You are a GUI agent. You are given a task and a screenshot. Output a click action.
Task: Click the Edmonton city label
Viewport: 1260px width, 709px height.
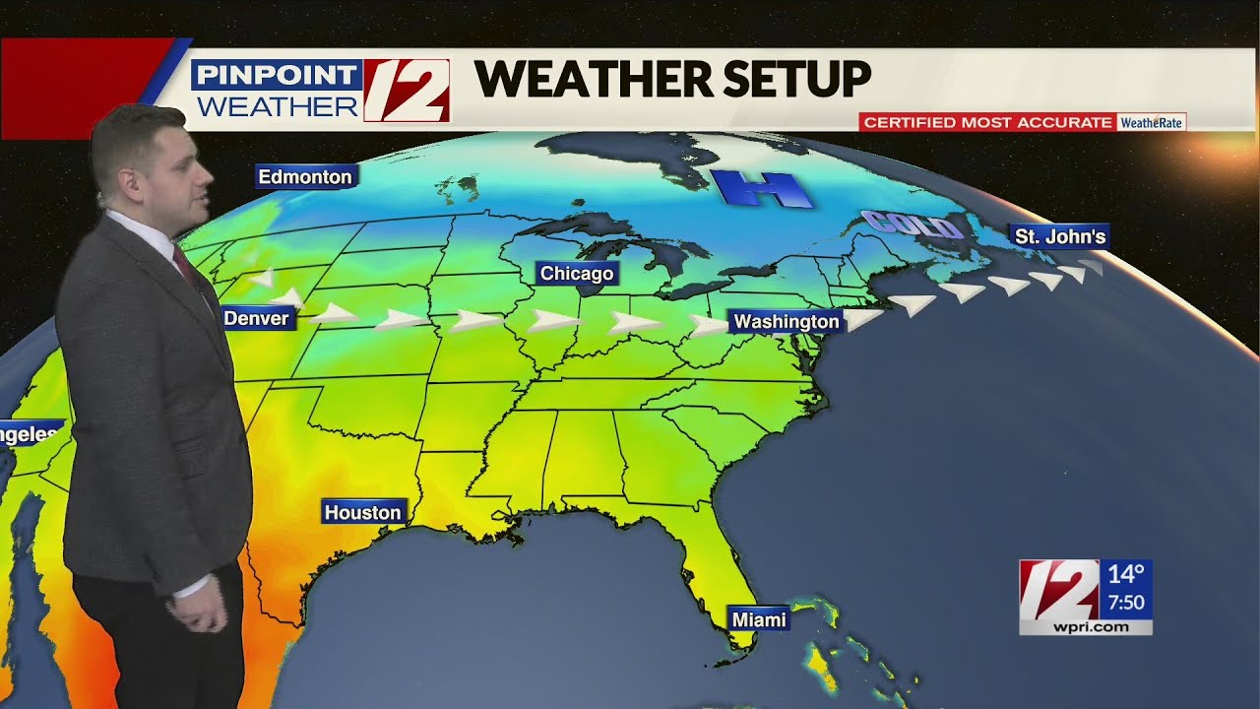tap(305, 177)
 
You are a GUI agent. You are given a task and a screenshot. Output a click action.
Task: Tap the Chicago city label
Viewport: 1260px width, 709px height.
tap(577, 274)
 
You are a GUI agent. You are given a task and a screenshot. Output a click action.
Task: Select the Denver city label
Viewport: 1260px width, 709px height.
tap(257, 318)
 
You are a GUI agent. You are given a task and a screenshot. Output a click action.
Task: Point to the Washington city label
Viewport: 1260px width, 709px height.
tap(787, 322)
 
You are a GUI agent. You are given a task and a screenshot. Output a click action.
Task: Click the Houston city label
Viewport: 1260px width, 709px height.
tap(363, 512)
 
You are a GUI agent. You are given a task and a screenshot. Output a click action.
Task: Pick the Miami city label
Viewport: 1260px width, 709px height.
tap(759, 619)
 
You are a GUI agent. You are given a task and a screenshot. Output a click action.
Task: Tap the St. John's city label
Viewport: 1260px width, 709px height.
tap(1060, 236)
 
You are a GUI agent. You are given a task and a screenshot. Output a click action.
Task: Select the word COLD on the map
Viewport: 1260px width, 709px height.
tap(912, 226)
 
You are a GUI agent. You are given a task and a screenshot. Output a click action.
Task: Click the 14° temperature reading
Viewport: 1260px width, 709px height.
tap(1126, 574)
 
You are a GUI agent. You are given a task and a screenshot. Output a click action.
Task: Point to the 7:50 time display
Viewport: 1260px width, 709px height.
tap(1126, 602)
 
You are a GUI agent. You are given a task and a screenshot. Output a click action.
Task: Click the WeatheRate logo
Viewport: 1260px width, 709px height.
tap(1152, 122)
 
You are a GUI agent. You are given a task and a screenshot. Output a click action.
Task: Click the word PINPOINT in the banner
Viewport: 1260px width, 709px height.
tap(277, 75)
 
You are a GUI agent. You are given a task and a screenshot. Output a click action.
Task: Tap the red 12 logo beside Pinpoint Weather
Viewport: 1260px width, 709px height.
tap(407, 91)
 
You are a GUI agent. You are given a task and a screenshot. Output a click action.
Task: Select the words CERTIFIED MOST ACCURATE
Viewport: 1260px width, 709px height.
tap(987, 122)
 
